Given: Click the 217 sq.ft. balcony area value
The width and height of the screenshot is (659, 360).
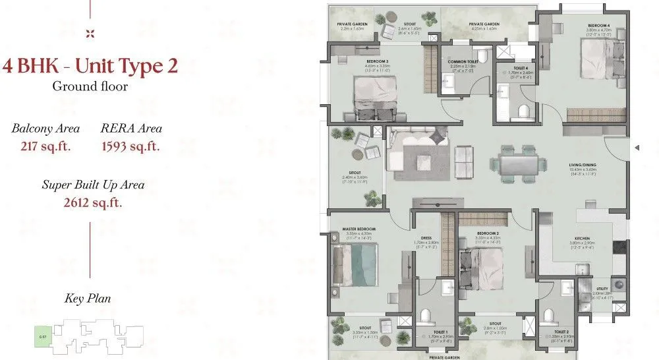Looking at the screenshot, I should tap(45, 146).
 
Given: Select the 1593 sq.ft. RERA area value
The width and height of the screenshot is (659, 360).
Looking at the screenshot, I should tap(131, 146).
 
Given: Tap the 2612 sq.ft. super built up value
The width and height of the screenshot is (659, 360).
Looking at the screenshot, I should tap(93, 202).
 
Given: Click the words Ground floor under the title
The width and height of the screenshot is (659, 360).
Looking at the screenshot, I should tap(90, 86).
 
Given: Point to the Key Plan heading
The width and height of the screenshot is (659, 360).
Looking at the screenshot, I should tap(88, 299).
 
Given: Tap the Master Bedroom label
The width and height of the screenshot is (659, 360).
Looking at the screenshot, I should tap(358, 229).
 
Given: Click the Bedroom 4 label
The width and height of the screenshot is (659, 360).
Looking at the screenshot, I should tap(599, 25).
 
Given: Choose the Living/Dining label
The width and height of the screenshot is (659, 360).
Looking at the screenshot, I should tap(583, 165).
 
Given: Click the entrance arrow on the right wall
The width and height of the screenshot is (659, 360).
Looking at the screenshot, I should tap(637, 148).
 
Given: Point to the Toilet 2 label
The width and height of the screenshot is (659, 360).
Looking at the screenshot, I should tap(561, 332).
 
